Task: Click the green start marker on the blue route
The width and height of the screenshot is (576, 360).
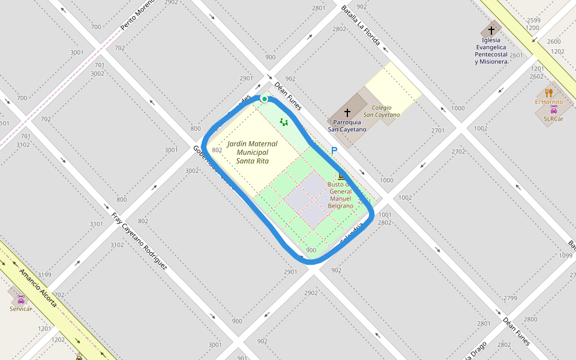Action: (x=264, y=99)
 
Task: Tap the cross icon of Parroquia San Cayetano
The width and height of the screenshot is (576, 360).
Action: (x=347, y=112)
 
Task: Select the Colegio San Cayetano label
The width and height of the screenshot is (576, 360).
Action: (x=382, y=111)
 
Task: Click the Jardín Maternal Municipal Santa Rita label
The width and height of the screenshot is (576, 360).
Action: (x=252, y=152)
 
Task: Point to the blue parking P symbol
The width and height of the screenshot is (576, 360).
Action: (x=334, y=151)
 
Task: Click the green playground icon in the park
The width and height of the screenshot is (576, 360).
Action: (x=284, y=122)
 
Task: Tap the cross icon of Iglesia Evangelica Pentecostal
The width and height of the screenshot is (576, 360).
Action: (x=491, y=30)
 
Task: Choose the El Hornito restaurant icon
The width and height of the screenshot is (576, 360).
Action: (x=548, y=92)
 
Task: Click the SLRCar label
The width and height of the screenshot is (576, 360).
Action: (x=553, y=119)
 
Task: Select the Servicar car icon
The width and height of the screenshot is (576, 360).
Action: (x=20, y=299)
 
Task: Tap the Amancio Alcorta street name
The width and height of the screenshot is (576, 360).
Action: (x=38, y=289)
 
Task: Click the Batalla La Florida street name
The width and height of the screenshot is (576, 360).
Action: (x=360, y=25)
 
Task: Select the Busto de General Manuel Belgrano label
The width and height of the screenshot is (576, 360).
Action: (x=340, y=195)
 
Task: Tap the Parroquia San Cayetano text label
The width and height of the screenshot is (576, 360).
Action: (x=347, y=125)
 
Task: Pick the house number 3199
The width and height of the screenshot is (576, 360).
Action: (x=44, y=275)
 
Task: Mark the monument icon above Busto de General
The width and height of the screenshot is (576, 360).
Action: (x=341, y=176)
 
